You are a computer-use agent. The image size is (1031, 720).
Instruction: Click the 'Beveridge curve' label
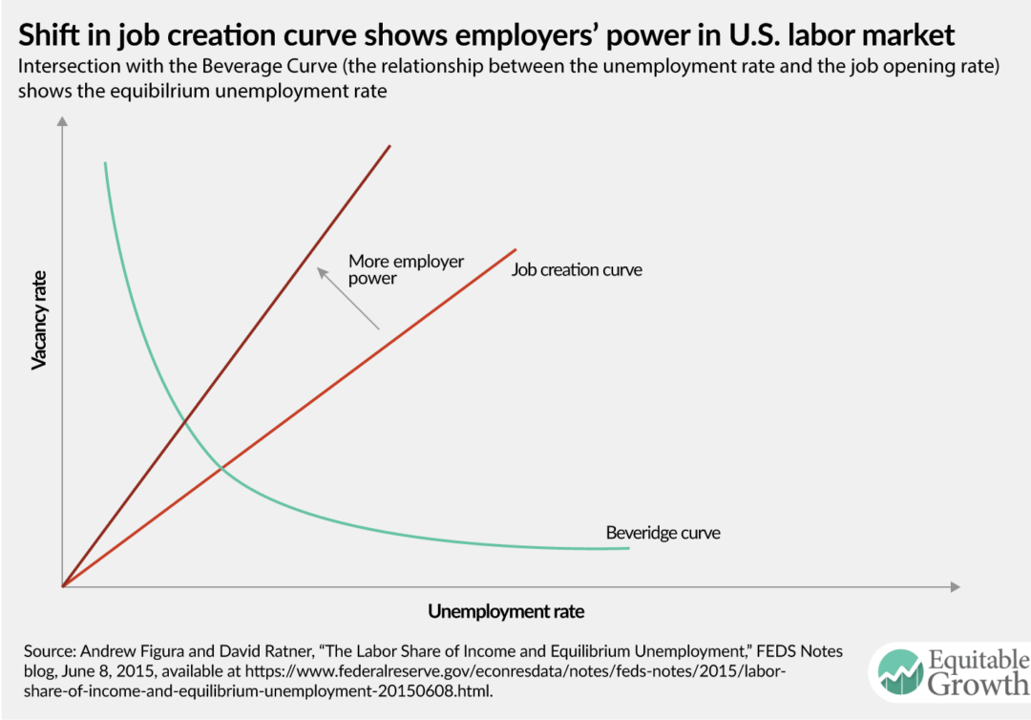point(663,532)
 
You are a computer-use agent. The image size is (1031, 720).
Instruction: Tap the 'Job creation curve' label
point(577,269)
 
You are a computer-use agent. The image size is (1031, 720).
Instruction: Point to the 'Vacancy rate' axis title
point(40,318)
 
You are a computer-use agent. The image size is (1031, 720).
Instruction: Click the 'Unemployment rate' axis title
point(506,611)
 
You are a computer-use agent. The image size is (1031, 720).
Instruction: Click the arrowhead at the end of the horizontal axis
point(954,585)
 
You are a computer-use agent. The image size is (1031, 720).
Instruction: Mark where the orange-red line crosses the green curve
point(221,467)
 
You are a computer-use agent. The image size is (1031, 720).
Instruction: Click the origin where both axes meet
point(62,585)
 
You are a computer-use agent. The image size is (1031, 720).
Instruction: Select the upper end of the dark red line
point(390,145)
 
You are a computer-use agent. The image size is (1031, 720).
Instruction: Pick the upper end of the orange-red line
point(515,249)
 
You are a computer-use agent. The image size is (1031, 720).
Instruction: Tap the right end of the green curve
point(629,548)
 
